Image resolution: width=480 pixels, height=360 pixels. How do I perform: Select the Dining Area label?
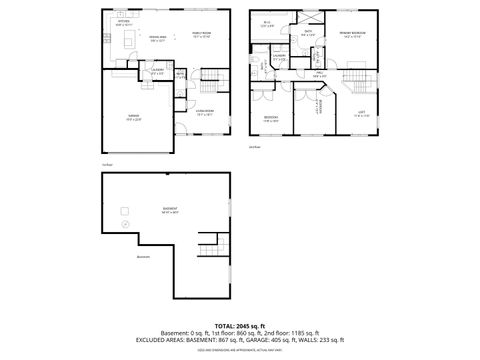(158, 38)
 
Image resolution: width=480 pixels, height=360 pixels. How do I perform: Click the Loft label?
(362, 114)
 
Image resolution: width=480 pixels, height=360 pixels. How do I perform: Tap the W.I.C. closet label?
(267, 24)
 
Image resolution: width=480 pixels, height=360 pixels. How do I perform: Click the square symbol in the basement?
(125, 211)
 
